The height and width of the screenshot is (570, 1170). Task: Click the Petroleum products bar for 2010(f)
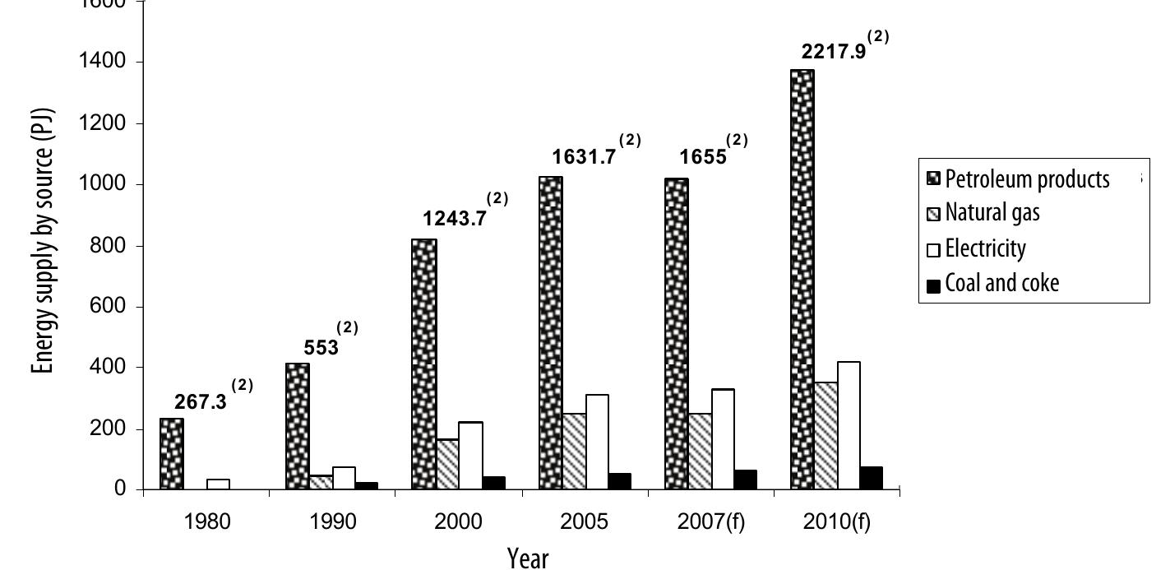802,280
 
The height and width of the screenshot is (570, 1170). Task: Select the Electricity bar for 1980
218,484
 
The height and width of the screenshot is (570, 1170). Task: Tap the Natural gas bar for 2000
447,465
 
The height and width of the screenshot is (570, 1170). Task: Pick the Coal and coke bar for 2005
619,481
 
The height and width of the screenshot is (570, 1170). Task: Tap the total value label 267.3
201,402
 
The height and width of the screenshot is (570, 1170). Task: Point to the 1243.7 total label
455,219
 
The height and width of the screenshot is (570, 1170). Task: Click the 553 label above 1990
321,348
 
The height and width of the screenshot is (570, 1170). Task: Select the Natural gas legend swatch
933,215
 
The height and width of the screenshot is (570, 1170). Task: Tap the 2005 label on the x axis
585,523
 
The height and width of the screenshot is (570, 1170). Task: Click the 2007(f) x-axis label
711,523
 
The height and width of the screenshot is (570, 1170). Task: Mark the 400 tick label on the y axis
108,368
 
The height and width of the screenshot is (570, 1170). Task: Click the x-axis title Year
528,557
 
